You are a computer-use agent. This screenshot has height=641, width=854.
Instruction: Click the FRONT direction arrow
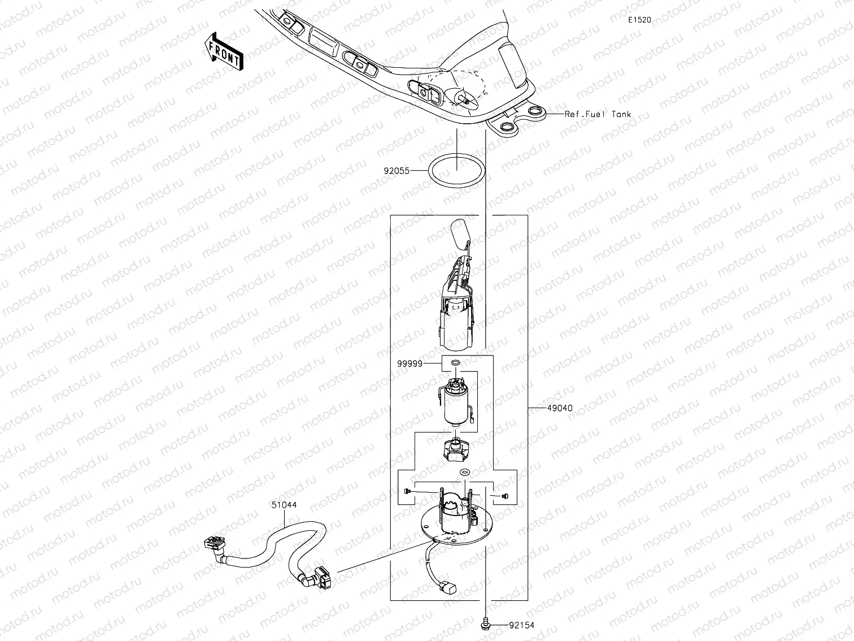pos(224,50)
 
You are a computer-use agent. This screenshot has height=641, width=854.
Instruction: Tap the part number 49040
pos(560,408)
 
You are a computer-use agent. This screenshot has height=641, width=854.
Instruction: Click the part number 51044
pos(285,505)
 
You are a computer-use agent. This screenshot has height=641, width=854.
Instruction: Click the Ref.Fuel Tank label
pos(598,114)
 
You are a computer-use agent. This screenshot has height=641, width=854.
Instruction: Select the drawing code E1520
pos(640,20)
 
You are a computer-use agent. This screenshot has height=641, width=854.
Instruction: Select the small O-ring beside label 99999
pos(456,362)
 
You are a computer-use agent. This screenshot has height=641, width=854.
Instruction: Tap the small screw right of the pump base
pos(504,496)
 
